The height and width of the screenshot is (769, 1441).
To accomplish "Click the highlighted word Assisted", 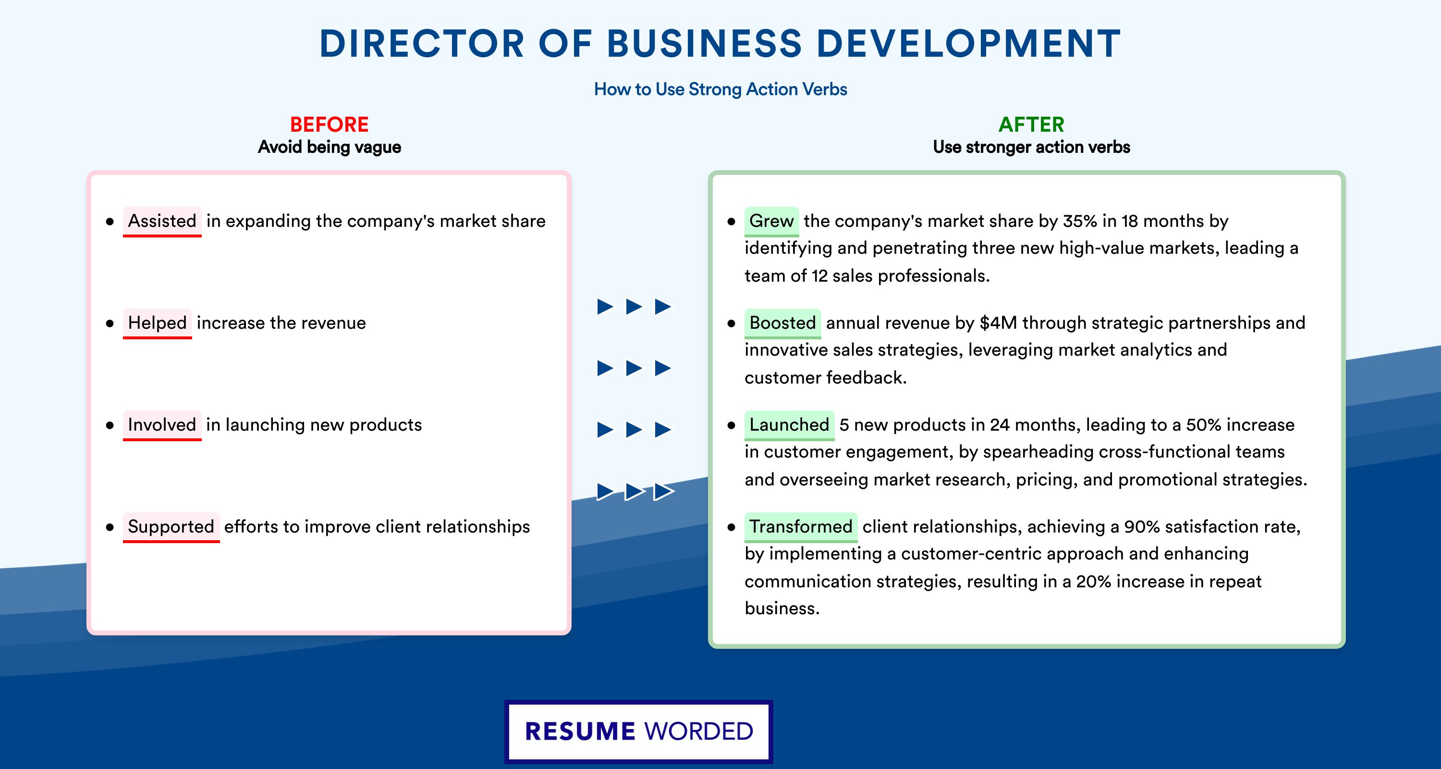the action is [x=162, y=221].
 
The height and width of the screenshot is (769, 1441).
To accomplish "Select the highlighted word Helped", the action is [x=157, y=323].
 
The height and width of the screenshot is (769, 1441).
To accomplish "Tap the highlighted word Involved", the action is [x=162, y=425].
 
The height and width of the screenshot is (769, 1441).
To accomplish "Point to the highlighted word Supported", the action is [x=171, y=527].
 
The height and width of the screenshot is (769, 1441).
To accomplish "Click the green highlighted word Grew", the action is [x=771, y=221].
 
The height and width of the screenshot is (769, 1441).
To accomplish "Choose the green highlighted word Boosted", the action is [x=782, y=323].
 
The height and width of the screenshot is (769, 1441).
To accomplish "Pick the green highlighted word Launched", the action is [x=789, y=425].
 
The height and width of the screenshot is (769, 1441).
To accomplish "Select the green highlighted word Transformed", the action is [x=801, y=527].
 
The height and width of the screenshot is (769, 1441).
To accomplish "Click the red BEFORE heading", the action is [x=330, y=124].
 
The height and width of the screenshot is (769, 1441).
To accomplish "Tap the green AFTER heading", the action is [x=1032, y=124].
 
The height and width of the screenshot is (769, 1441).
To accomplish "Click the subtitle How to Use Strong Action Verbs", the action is [x=720, y=89].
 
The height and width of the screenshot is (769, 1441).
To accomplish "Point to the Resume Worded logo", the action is [x=639, y=732].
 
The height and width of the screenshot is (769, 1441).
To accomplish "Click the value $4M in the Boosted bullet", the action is [x=999, y=323].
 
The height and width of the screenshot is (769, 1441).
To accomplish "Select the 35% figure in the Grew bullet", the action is [x=1080, y=221].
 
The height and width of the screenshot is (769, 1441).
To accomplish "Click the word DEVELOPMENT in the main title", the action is [x=969, y=43].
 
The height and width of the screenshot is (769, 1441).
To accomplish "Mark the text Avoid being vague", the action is [x=330, y=147].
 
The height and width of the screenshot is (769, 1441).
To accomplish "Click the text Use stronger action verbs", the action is [x=1032, y=147].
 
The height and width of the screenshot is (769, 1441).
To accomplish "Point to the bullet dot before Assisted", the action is [x=110, y=222].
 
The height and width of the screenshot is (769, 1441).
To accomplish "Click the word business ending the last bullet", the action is [x=782, y=608].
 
